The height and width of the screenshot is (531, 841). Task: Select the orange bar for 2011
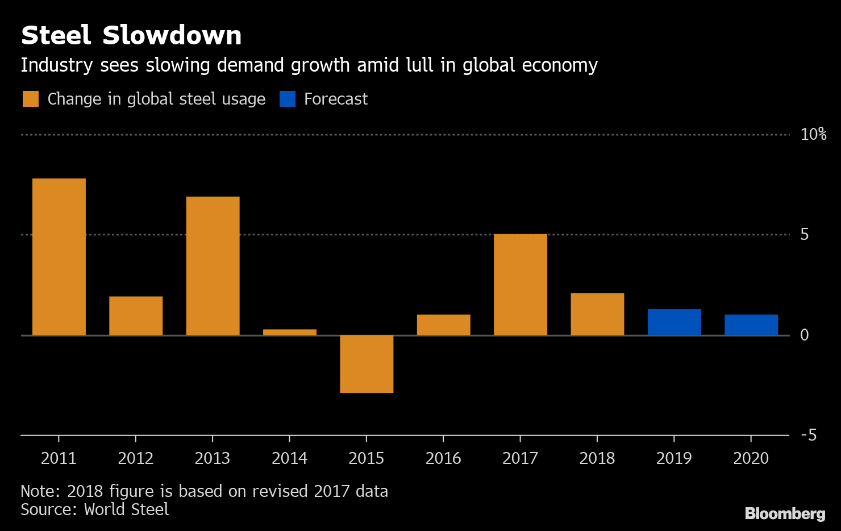click(x=59, y=257)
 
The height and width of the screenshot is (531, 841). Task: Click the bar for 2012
click(x=136, y=316)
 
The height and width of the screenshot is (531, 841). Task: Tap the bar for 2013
click(x=213, y=266)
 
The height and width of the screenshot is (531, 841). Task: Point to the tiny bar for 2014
click(x=290, y=332)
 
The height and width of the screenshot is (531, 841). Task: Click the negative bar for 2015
click(x=367, y=364)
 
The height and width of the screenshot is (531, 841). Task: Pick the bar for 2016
click(x=443, y=325)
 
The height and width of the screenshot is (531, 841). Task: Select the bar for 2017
click(x=521, y=285)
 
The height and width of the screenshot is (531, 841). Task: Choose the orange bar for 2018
click(x=597, y=314)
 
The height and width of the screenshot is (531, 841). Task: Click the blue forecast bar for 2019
click(x=674, y=322)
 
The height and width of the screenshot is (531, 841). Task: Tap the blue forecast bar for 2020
click(x=751, y=325)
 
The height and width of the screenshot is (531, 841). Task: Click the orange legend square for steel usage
click(x=31, y=99)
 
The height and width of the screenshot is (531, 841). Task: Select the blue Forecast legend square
click(x=288, y=99)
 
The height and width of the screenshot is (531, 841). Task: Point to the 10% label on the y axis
click(x=813, y=134)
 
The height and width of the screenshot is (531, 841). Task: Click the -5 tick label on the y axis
click(x=809, y=435)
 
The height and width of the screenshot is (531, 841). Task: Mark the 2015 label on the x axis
click(x=367, y=458)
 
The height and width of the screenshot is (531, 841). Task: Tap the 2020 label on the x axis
click(x=751, y=458)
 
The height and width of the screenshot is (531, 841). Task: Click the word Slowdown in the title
click(x=172, y=35)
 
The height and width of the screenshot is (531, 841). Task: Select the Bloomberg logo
click(x=785, y=513)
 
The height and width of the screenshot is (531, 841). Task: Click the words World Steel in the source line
click(x=126, y=509)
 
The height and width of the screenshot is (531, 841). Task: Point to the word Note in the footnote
click(x=40, y=491)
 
